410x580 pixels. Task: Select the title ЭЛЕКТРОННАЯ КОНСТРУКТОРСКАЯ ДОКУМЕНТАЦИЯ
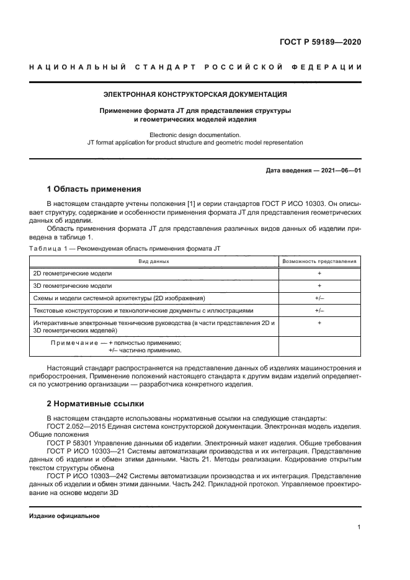click(x=194, y=95)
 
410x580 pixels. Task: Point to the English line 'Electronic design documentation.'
click(x=194, y=134)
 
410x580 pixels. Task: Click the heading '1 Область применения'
click(x=94, y=189)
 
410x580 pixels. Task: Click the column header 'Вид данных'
click(x=154, y=261)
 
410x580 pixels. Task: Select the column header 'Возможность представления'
click(x=319, y=261)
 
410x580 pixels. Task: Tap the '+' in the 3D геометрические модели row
click(x=319, y=286)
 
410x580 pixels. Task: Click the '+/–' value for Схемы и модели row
click(x=319, y=298)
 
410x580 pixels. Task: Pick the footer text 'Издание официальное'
click(x=64, y=516)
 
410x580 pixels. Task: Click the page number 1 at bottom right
click(x=359, y=527)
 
